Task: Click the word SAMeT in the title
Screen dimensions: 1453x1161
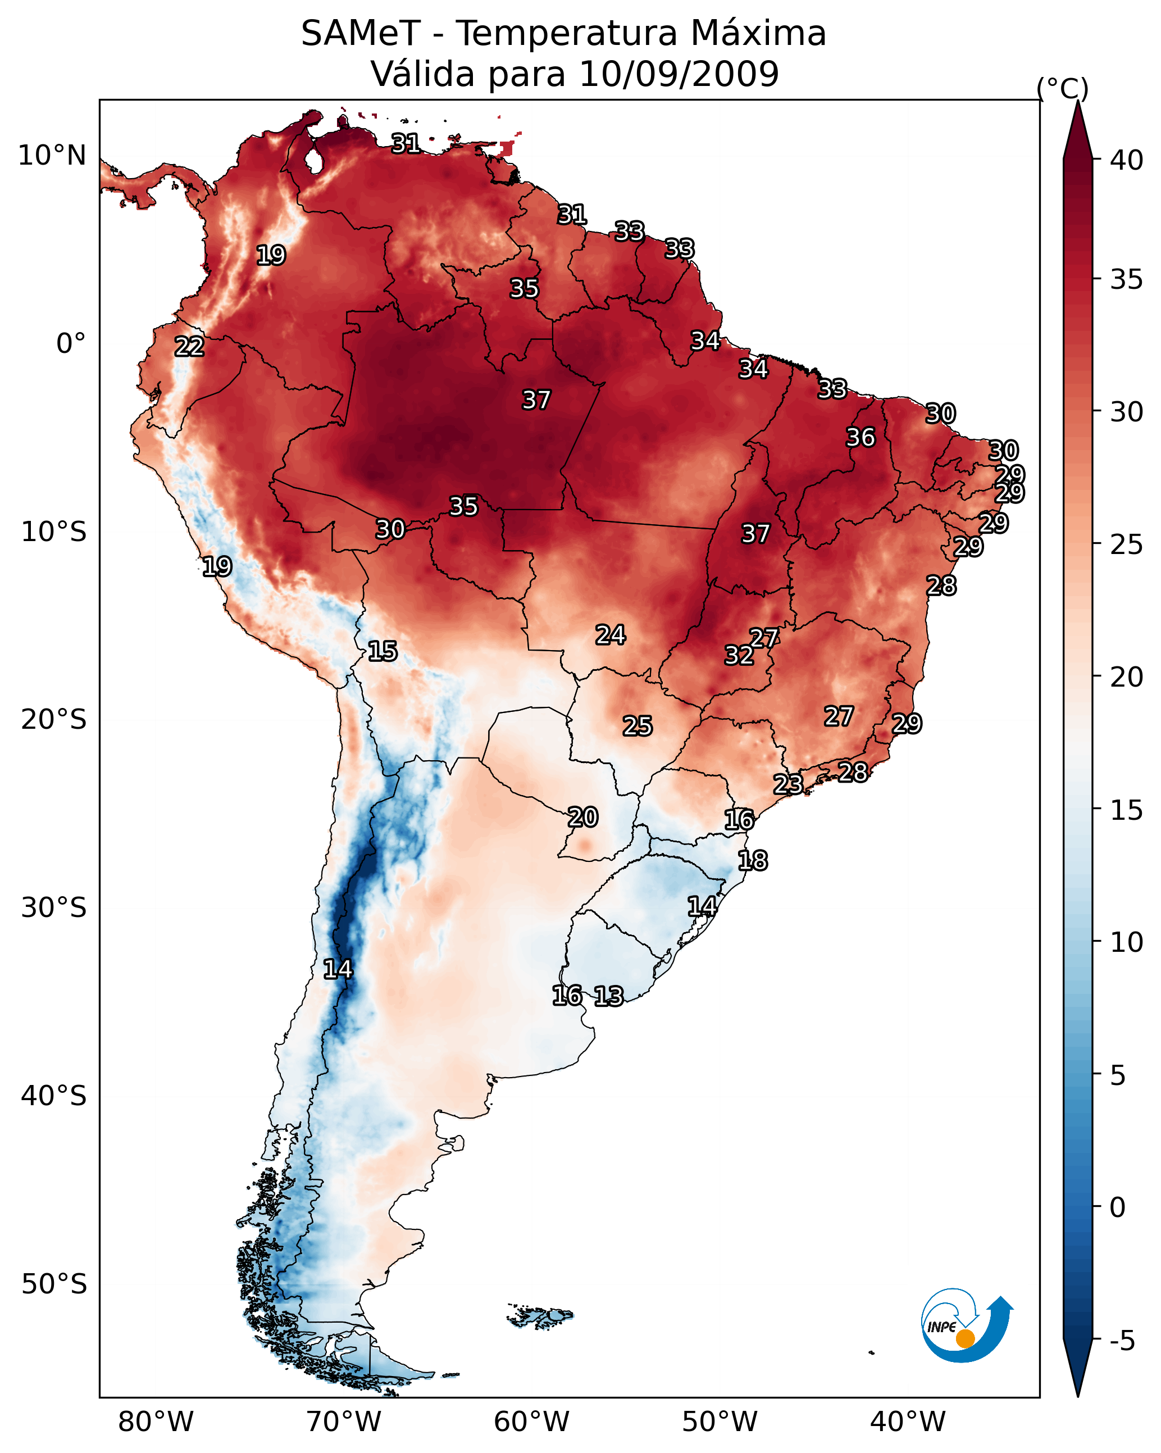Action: [361, 34]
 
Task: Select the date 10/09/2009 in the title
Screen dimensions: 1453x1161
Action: [679, 74]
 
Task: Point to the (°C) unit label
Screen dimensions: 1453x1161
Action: [1062, 88]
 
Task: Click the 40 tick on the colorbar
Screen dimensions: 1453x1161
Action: [1126, 160]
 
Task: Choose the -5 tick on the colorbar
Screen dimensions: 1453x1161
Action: [1122, 1341]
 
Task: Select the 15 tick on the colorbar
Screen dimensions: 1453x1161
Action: [1126, 810]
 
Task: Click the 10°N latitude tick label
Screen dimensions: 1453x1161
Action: [52, 156]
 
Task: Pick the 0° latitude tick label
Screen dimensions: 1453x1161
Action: [71, 344]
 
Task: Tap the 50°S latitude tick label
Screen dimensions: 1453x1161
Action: [54, 1284]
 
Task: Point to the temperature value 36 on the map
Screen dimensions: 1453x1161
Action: [860, 437]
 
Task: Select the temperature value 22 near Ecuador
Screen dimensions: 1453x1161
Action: [189, 347]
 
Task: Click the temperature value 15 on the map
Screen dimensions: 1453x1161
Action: [382, 651]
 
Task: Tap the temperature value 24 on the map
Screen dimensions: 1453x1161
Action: [610, 635]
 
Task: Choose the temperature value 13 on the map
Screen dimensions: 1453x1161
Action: [608, 996]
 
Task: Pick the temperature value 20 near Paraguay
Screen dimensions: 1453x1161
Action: [582, 817]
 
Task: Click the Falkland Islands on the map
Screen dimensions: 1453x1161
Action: [540, 1315]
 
